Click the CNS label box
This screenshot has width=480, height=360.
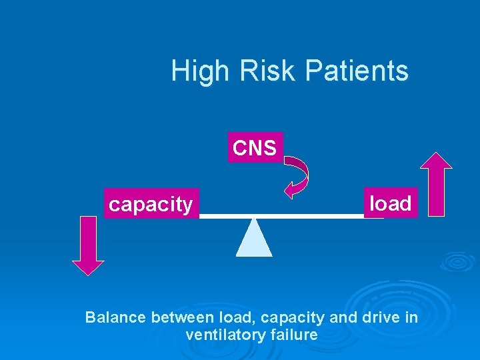[x=255, y=147]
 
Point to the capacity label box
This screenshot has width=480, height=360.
[x=151, y=205]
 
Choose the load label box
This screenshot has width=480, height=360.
[x=391, y=203]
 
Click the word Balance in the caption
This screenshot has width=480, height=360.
[x=116, y=317]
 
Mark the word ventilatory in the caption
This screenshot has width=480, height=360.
[x=224, y=335]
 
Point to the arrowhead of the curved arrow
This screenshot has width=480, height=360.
[x=288, y=193]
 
